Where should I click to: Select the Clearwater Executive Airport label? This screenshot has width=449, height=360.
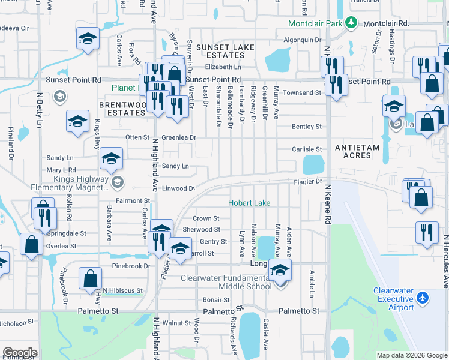(x=393, y=299)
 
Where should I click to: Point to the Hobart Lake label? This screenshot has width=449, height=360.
(x=249, y=203)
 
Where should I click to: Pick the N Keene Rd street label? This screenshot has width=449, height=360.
(x=328, y=204)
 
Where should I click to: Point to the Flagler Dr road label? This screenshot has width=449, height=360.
(x=308, y=181)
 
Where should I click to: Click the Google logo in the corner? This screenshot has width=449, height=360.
(x=20, y=353)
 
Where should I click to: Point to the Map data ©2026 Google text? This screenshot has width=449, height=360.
(x=411, y=355)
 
